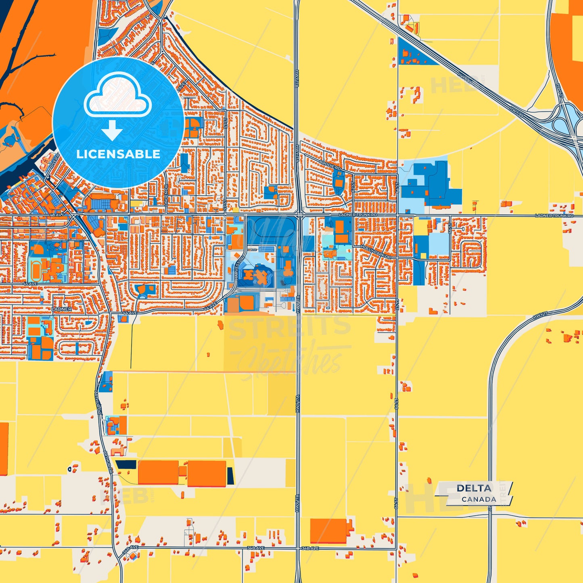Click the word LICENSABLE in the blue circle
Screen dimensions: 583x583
pos(118,154)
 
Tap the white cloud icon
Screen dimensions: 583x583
pos(117,99)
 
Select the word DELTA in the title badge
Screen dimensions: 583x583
pos(474,488)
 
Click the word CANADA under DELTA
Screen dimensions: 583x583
pos(479,499)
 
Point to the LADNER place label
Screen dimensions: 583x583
pos(61,309)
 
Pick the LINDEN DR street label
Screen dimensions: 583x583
pos(166,195)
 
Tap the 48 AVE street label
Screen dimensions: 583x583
pos(56,215)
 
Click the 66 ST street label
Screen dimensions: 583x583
pos(449,228)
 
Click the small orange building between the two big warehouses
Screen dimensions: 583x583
pos(183,471)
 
